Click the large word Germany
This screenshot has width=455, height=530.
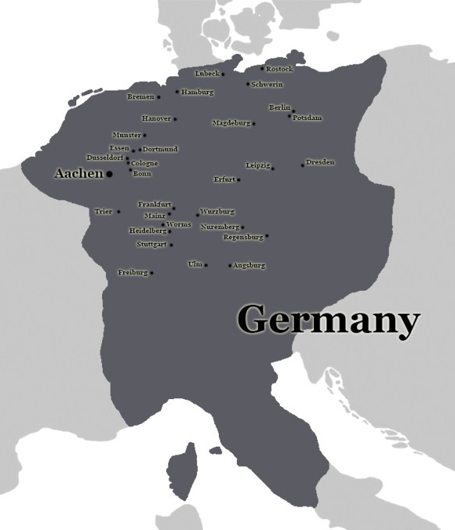coord(329,320)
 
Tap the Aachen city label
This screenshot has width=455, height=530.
coord(78,173)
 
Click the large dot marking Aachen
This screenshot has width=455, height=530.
coord(109,174)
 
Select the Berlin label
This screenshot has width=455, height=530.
coord(279,107)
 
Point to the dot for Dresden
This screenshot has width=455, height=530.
coord(302,165)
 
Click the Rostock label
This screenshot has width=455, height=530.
coord(280,69)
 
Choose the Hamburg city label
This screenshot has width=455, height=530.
coord(197,92)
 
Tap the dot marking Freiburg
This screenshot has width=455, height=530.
coord(152,273)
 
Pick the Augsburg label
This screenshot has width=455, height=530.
coord(249,266)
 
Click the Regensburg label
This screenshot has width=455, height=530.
coord(243,237)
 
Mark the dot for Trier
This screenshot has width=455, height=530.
coord(118,211)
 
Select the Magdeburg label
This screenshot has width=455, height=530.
coord(231,123)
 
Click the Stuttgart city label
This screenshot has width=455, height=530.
coord(151,245)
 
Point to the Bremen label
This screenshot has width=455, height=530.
coord(140,97)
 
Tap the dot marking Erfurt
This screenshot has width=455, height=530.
coord(238,180)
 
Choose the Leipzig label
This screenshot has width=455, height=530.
coord(257,165)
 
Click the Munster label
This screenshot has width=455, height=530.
coord(126,135)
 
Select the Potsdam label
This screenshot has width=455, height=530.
coord(307,118)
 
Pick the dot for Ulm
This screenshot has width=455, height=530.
coord(206,266)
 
